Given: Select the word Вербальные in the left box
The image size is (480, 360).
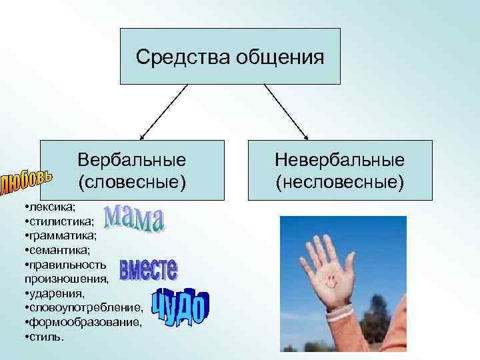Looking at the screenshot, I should [x=131, y=160].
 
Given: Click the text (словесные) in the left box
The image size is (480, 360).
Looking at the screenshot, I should [x=131, y=181].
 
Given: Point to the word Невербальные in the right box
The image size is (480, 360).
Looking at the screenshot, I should [x=340, y=160].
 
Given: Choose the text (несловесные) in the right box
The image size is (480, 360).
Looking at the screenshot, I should [x=340, y=181].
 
